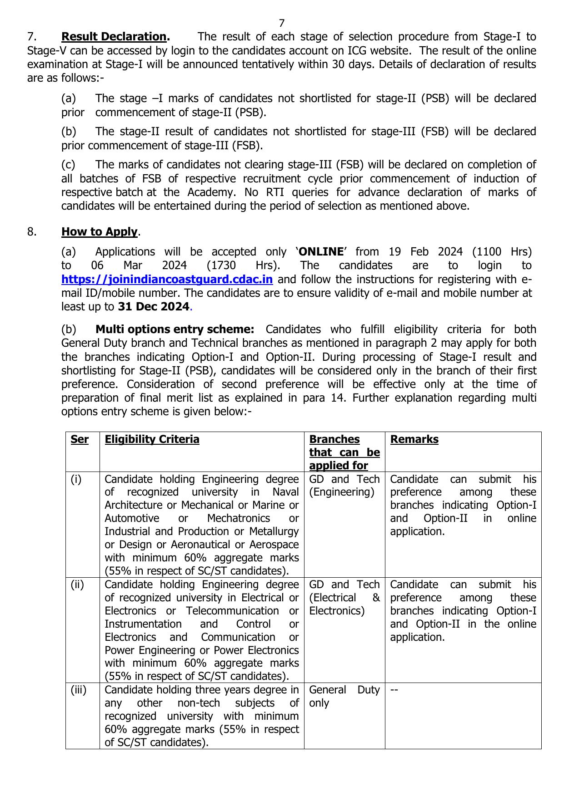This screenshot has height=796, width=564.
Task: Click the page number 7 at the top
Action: point(282,23)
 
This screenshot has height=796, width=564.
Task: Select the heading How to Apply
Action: point(100,232)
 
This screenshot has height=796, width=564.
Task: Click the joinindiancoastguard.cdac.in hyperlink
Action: point(167,280)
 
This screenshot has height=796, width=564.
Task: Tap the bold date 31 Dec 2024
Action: point(153,307)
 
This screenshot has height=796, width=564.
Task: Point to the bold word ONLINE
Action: point(321,252)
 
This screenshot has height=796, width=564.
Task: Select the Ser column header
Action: point(80,439)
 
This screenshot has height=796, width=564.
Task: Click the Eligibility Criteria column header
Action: point(152,439)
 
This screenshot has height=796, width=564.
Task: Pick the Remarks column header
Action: point(414,439)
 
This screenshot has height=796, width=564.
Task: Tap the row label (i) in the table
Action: point(76,479)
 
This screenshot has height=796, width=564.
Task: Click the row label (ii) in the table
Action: point(77,585)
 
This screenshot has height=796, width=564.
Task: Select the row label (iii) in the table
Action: point(78,690)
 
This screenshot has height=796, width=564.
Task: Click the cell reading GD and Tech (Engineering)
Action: point(344,486)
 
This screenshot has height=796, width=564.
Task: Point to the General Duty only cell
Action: point(344,696)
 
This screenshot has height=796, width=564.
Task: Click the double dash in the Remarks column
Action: point(394,690)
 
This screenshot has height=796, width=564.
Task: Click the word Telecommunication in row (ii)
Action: point(232,611)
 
